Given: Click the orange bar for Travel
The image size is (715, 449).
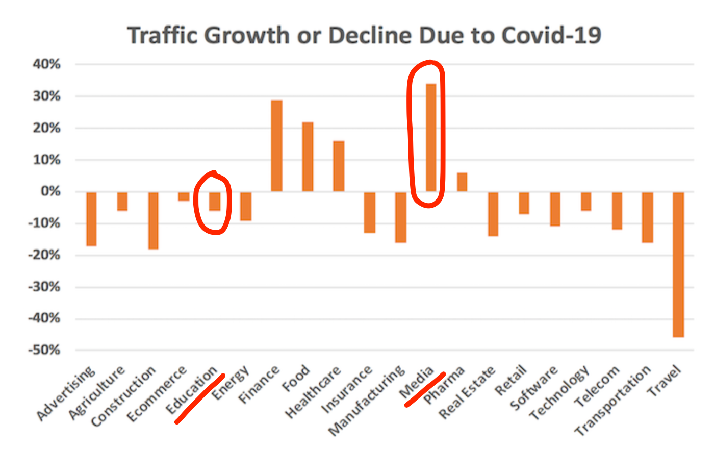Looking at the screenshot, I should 678,264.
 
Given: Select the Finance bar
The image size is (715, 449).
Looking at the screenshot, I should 276,146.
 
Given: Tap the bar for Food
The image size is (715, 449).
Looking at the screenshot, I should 308,157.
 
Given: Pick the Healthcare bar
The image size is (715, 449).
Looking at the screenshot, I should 339,166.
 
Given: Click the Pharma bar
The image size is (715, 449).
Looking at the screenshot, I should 462,182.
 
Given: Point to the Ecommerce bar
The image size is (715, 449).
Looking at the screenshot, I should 184,196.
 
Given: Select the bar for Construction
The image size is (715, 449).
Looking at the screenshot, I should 153,220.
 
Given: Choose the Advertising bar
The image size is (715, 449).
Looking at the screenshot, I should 91,219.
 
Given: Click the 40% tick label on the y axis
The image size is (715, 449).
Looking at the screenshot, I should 47,64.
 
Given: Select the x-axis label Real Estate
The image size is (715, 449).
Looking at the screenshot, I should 468,392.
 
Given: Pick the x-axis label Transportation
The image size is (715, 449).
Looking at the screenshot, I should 614,400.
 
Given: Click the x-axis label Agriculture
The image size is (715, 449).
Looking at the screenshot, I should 97,392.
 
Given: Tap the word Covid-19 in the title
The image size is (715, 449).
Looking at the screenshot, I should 551,35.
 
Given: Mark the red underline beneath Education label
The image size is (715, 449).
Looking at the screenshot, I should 200,399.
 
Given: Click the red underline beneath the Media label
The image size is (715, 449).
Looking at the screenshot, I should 425,389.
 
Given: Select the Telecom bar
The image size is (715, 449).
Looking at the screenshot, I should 617,211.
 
